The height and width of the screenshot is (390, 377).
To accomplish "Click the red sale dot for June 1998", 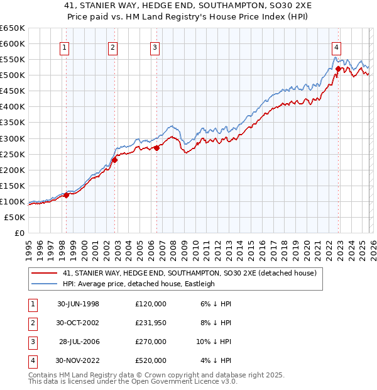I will (x=67, y=195).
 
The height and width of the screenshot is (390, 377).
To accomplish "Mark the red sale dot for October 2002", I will (x=115, y=160).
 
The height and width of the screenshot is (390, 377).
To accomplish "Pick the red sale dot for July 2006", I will (x=156, y=148).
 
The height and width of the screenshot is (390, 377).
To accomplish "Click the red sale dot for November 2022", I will (x=338, y=69).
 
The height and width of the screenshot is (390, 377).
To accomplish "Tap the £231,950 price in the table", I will (x=151, y=323).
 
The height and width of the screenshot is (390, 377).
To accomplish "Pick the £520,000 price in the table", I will (x=151, y=360).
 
